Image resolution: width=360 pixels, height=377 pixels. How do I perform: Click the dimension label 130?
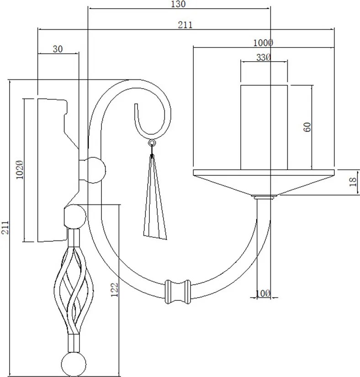pyautogui.click(x=178, y=4)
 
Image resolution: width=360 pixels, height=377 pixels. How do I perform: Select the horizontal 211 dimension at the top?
pyautogui.click(x=185, y=25)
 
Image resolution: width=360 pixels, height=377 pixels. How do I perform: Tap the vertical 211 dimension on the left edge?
pyautogui.click(x=5, y=227)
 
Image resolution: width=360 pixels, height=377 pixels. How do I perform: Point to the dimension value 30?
pyautogui.click(x=58, y=49)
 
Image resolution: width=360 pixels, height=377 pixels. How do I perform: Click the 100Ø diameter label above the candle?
pyautogui.click(x=263, y=43)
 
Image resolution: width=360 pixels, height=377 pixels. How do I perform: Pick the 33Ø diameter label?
pyautogui.click(x=264, y=58)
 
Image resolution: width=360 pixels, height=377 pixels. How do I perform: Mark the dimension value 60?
pyautogui.click(x=307, y=127)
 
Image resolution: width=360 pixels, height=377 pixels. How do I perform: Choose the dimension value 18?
pyautogui.click(x=353, y=182)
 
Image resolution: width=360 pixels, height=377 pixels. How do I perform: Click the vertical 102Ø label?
pyautogui.click(x=20, y=170)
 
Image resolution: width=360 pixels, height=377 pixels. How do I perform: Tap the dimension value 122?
pyautogui.click(x=115, y=290)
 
